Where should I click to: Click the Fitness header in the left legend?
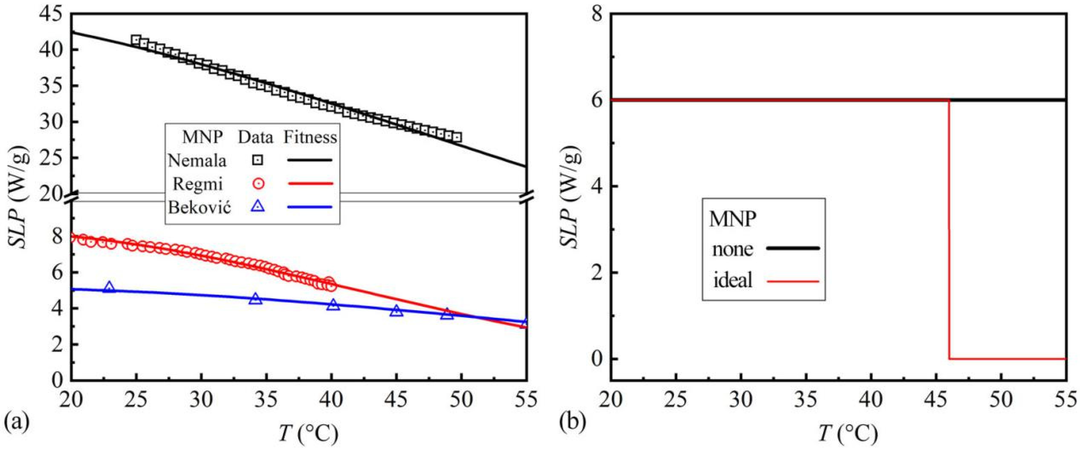click(310, 137)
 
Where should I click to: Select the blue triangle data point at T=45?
click(396, 311)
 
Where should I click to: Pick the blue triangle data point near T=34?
click(256, 299)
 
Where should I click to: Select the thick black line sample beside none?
click(793, 248)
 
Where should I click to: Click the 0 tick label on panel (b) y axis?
click(597, 359)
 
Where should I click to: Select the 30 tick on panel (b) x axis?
click(741, 400)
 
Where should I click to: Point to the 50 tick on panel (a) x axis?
click(461, 400)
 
